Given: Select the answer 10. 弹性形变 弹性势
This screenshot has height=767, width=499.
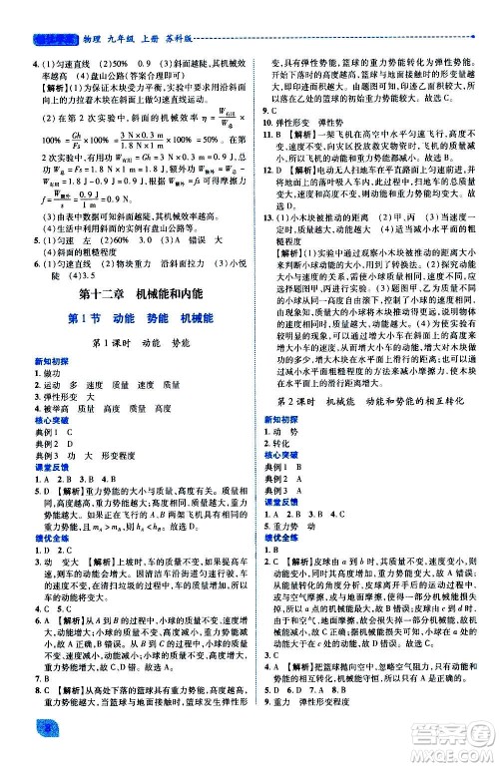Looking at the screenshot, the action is coord(315,122).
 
